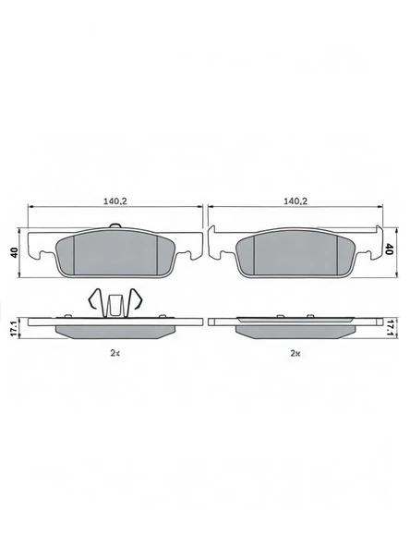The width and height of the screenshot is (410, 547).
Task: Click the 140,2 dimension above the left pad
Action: pyautogui.click(x=115, y=200)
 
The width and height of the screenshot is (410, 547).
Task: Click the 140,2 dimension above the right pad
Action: pyautogui.click(x=295, y=200)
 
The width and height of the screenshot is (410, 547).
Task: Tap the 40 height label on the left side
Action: pyautogui.click(x=14, y=250)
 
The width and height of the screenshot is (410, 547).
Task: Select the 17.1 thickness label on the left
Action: pyautogui.click(x=14, y=326)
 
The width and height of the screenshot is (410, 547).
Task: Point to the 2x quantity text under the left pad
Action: pyautogui.click(x=115, y=353)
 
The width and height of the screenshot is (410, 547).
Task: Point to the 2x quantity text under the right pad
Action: pyautogui.click(x=295, y=353)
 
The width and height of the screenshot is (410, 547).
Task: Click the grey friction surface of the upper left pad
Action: pyautogui.click(x=115, y=253)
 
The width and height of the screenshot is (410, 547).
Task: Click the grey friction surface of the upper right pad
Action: pyautogui.click(x=295, y=253)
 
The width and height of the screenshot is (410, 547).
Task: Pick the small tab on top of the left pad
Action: pyautogui.click(x=115, y=227)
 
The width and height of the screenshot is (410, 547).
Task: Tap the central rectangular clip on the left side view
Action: pyautogui.click(x=115, y=304)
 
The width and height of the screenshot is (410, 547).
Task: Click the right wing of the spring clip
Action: pyautogui.click(x=135, y=301)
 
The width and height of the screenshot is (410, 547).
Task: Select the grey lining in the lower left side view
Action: pyautogui.click(x=115, y=330)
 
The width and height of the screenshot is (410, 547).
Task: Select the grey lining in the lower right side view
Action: pyautogui.click(x=295, y=330)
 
